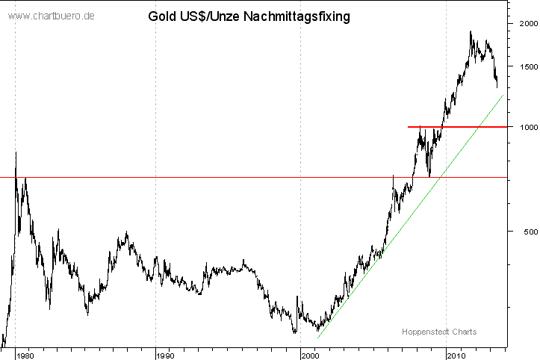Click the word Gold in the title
click(163, 15)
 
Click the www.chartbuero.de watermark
click(50, 16)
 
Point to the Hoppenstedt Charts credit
click(439, 332)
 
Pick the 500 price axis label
click(527, 232)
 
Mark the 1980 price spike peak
click(16, 152)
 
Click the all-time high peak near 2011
click(471, 31)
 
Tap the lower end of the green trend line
click(317, 338)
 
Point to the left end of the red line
click(408, 127)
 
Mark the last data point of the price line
click(497, 87)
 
